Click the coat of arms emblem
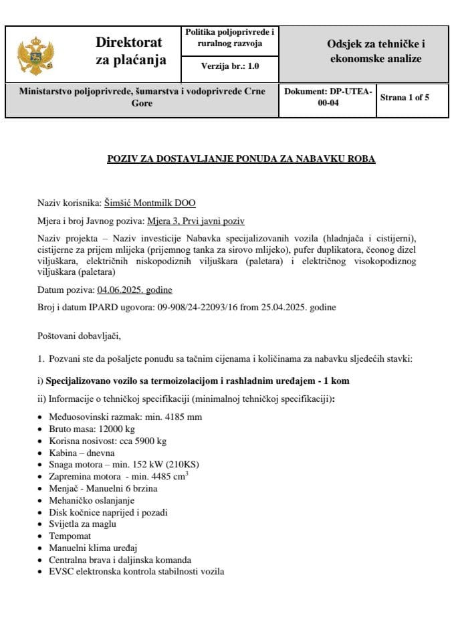click(35, 55)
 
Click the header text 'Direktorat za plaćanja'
click(129, 51)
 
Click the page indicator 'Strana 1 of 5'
click(405, 97)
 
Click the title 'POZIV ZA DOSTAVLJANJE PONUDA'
click(241, 158)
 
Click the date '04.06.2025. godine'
click(134, 290)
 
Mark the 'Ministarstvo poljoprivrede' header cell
click(142, 97)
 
